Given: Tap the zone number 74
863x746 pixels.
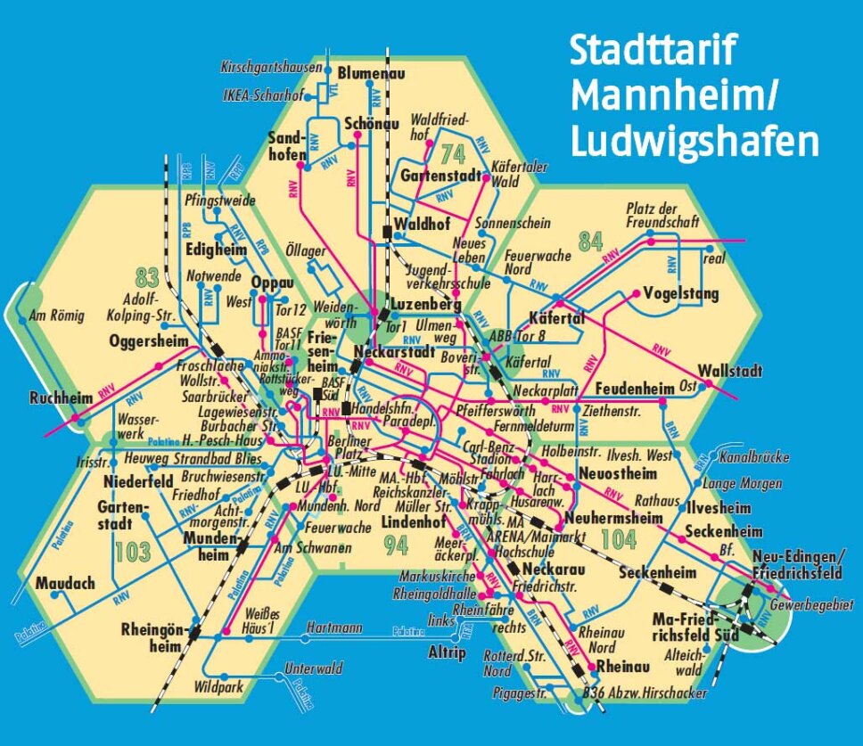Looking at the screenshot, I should [x=453, y=152].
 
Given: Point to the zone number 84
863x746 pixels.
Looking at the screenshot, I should [x=590, y=242].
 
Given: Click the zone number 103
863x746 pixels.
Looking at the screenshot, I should [x=132, y=553].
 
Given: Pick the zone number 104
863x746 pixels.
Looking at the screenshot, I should [x=618, y=538].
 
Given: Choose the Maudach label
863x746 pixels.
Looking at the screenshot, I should [x=64, y=583].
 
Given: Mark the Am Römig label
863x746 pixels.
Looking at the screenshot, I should [x=55, y=315].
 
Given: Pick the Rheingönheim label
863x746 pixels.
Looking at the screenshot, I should [x=152, y=638].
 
